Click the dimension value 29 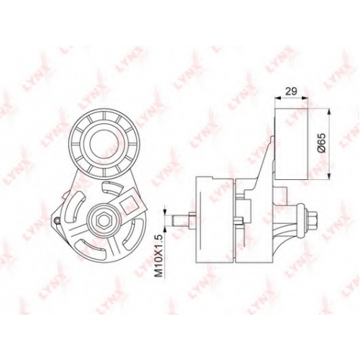292,91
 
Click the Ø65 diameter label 322,143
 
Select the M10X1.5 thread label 158,256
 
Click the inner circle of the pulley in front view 104,144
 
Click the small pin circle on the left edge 57,220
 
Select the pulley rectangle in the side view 291,144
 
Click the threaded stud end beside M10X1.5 181,220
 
